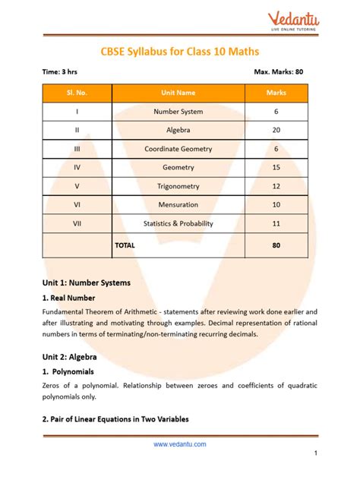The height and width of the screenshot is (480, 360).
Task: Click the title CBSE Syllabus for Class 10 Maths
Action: click(179, 52)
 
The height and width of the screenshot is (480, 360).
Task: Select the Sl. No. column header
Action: click(77, 93)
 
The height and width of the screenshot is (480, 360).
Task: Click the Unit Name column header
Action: click(178, 93)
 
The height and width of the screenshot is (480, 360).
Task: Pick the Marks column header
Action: click(276, 93)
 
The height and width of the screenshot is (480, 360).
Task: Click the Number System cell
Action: click(178, 112)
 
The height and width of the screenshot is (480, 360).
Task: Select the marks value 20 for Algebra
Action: click(276, 130)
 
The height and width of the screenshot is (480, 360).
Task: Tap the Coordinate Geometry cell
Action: click(178, 149)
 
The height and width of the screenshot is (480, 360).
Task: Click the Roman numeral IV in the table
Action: click(77, 167)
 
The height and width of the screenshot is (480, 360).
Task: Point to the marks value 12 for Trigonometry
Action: click(276, 186)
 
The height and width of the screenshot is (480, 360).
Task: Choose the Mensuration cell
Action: click(178, 205)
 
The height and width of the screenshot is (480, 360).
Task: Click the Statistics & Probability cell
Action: click(178, 223)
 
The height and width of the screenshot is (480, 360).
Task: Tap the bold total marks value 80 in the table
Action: click(276, 245)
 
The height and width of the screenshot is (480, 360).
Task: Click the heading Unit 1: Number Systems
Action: click(86, 282)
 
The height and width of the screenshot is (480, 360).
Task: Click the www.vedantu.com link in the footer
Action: click(179, 445)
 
